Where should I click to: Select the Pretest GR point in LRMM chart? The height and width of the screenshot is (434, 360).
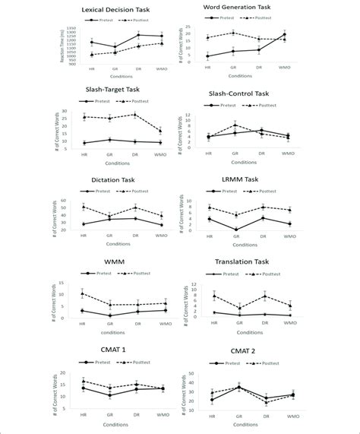(x=235, y=230)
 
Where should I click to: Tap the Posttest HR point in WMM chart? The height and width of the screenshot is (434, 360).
(x=82, y=293)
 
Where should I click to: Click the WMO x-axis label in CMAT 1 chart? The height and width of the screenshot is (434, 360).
(x=160, y=417)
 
